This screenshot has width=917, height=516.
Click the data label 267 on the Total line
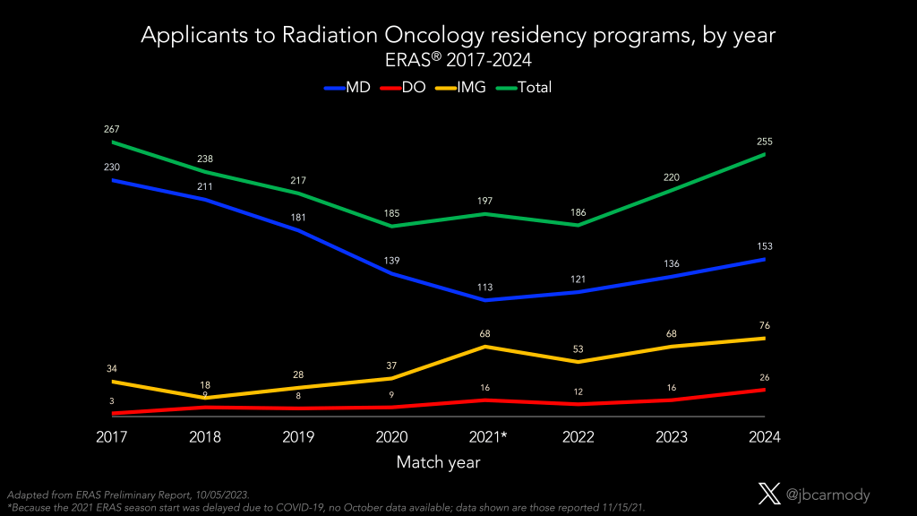(x=113, y=129)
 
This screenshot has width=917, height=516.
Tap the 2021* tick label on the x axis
(x=485, y=438)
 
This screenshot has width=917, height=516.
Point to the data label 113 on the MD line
(x=485, y=288)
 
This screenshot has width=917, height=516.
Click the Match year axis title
(x=439, y=463)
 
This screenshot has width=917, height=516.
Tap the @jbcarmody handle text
(x=828, y=494)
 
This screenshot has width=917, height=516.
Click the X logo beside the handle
(x=769, y=494)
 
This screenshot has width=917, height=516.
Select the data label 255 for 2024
(x=765, y=142)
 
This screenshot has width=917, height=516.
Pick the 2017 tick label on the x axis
(x=113, y=438)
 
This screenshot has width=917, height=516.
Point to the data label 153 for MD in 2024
(x=765, y=246)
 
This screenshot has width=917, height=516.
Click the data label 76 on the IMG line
(x=765, y=325)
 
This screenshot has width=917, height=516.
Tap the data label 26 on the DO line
(x=765, y=376)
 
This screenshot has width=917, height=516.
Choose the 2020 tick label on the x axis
(x=392, y=438)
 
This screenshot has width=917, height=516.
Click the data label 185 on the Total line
(x=392, y=213)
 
